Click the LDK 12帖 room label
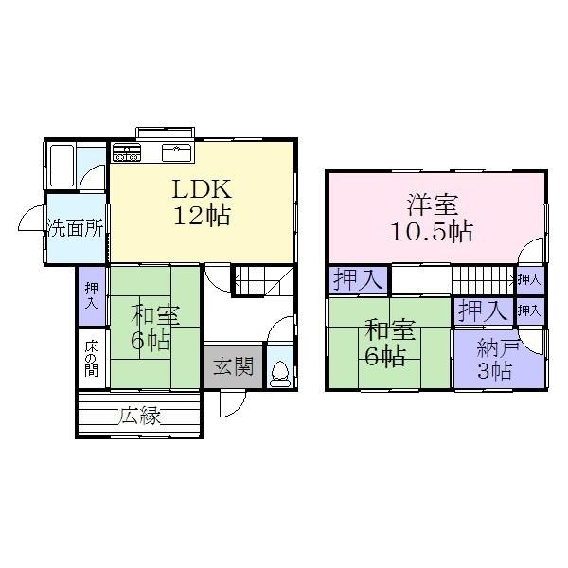201,201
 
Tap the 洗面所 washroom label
76,228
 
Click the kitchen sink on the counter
177,151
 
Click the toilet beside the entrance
280,370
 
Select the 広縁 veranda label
137,414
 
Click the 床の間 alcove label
92,358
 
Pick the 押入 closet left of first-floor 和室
92,296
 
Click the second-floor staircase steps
480,280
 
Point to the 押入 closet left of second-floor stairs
359,280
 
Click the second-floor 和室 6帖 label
389,343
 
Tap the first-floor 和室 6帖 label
151,327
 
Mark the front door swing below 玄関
230,402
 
